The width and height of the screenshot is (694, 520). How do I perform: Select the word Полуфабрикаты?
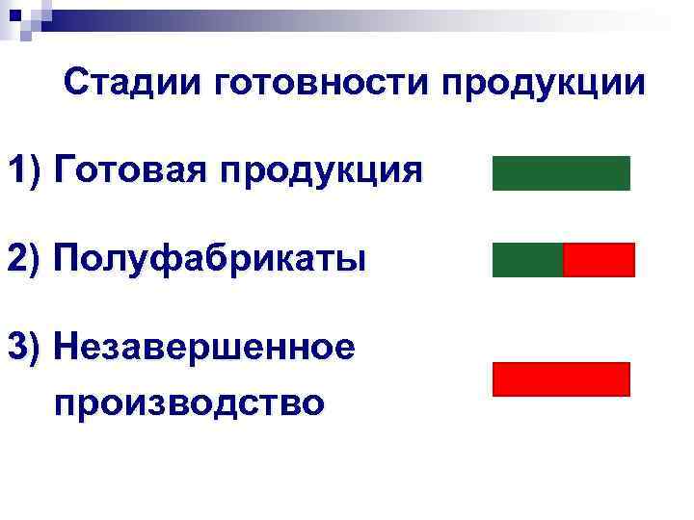point(210,258)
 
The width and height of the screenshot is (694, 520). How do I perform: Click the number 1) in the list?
point(25,171)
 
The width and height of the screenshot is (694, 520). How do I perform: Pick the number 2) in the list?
point(25,259)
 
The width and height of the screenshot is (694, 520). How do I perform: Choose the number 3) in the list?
point(25,345)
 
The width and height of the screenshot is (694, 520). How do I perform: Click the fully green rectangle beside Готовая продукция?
point(561,173)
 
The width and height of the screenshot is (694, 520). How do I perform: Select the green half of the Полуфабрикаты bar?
point(527,260)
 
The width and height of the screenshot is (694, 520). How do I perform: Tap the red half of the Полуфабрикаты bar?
point(599,260)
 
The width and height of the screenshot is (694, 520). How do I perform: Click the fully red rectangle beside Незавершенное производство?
point(561,379)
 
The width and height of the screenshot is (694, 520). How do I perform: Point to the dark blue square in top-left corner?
point(13,14)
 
